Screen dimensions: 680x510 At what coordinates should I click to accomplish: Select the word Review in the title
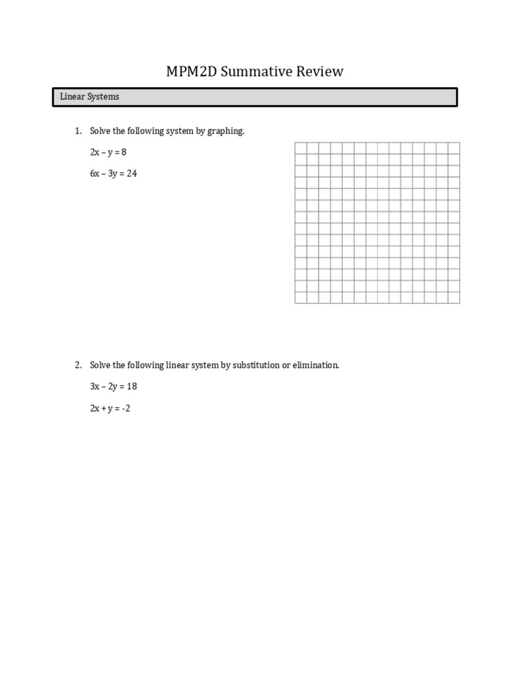pyautogui.click(x=321, y=72)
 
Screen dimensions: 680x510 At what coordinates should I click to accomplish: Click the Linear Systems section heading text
pyautogui.click(x=90, y=97)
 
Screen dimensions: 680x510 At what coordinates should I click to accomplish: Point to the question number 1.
pyautogui.click(x=78, y=131)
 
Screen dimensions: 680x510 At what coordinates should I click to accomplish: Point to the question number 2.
pyautogui.click(x=78, y=365)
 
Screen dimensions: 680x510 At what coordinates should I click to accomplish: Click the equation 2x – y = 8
pyautogui.click(x=108, y=153)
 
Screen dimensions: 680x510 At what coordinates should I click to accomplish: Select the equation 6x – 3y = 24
pyautogui.click(x=114, y=174)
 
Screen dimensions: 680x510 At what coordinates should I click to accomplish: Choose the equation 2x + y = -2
pyautogui.click(x=110, y=408)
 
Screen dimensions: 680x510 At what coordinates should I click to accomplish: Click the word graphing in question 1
pyautogui.click(x=225, y=131)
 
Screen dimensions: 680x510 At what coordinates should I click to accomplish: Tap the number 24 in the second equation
pyautogui.click(x=131, y=174)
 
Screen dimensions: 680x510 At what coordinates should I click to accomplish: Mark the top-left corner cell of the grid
pyautogui.click(x=301, y=148)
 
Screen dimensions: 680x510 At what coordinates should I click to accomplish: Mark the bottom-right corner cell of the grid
pyautogui.click(x=454, y=297)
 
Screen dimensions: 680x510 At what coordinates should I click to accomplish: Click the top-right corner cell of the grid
pyautogui.click(x=454, y=148)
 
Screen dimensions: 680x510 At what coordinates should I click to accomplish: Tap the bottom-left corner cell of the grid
pyautogui.click(x=301, y=297)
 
